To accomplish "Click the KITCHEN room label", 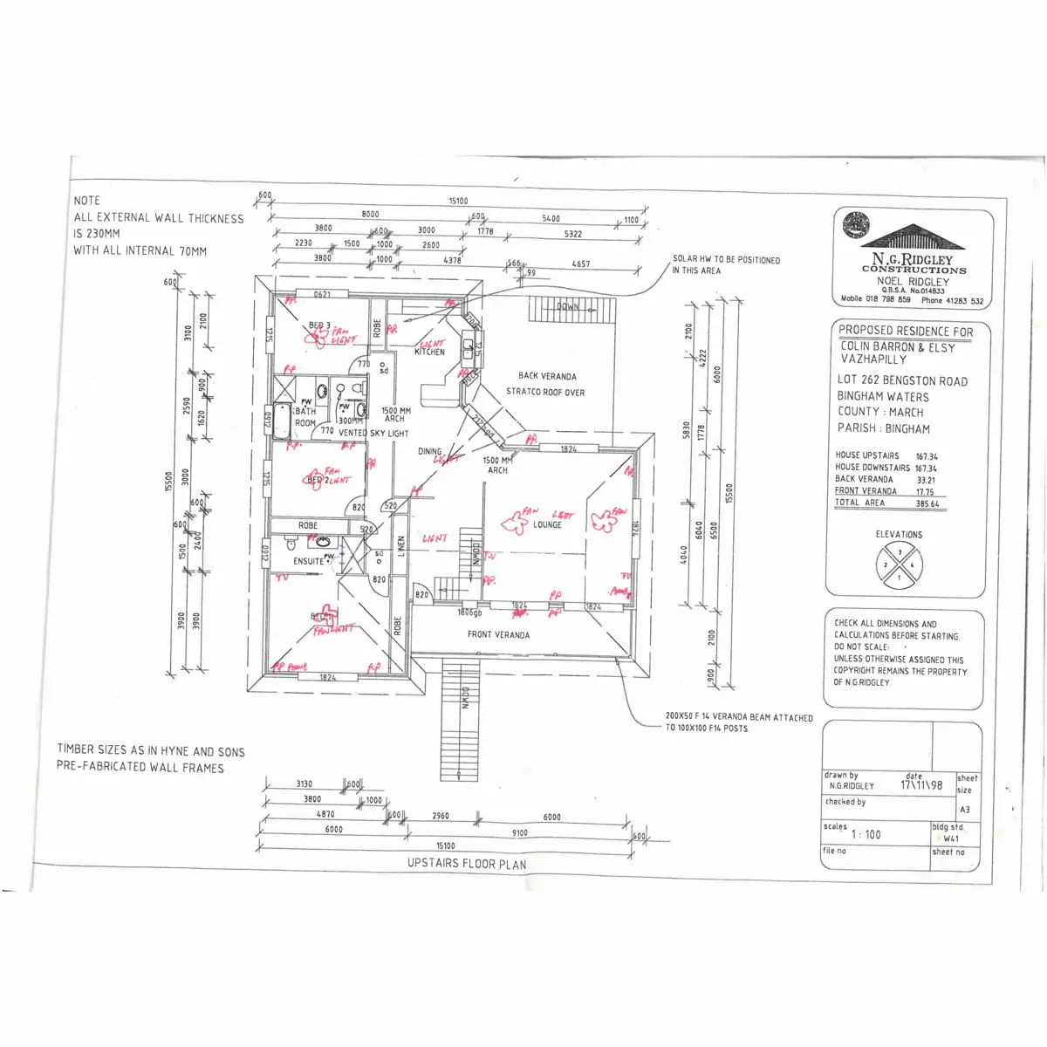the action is coord(429,352).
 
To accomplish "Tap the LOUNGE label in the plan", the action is coord(547,524).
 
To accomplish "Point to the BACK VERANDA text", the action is coord(547,376).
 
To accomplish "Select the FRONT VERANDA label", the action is coord(498,634).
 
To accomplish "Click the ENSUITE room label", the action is coord(308,561).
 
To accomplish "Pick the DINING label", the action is coord(429,452).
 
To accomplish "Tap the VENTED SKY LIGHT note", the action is coord(373,433).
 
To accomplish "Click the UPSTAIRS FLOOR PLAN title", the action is coord(467,864).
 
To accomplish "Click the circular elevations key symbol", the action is coord(899,565).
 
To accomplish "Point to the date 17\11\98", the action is coord(921,784).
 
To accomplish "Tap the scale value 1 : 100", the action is coord(866,835).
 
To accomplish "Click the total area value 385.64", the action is coord(927,503).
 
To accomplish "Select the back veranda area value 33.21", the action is coord(926,480).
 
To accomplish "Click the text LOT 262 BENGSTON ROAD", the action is coord(902,380).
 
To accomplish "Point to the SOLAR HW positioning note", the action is coord(726,264).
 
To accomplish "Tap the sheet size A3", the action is coord(965,810).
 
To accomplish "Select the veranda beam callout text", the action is coord(738,722).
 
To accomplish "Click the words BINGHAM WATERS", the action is coord(883,396).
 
